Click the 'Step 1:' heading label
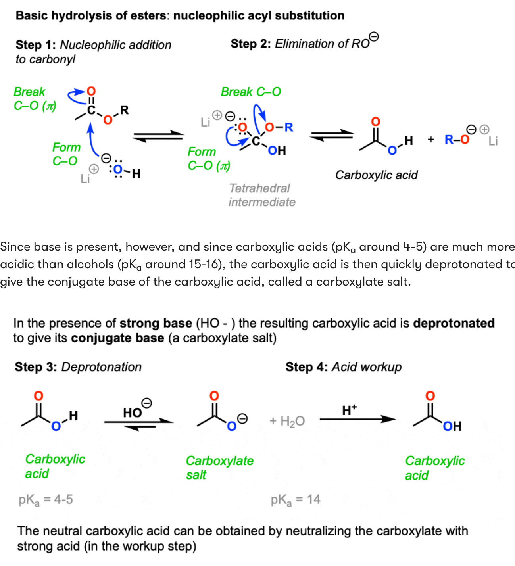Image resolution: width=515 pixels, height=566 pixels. [36, 45]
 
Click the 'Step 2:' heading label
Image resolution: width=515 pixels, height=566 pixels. [251, 44]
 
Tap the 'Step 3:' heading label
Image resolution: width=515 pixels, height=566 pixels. [36, 367]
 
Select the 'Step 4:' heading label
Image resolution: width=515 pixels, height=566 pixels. [307, 367]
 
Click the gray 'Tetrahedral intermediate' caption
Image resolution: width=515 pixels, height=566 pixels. [262, 195]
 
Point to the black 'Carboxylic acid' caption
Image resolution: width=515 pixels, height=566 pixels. [377, 175]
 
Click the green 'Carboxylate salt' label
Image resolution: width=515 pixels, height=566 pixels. [220, 468]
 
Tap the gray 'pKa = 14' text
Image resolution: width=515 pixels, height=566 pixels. [295, 500]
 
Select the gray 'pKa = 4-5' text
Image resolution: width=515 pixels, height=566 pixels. [46, 500]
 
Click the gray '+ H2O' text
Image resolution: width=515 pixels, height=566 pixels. [287, 421]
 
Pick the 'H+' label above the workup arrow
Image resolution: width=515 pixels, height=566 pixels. [349, 410]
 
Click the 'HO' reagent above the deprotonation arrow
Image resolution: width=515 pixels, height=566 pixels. [132, 413]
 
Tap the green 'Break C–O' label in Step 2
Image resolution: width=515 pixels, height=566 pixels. [251, 92]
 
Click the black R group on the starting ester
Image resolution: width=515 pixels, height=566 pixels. [125, 110]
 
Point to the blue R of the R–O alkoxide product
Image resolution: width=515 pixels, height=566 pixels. [449, 139]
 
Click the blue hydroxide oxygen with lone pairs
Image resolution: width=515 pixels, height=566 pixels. [118, 170]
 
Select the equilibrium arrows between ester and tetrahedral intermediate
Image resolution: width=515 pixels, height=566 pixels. [158, 136]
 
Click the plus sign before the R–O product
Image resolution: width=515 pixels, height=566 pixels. [431, 139]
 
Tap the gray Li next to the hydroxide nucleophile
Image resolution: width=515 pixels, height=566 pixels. [85, 178]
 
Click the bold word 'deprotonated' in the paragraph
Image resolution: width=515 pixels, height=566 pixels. [454, 323]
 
